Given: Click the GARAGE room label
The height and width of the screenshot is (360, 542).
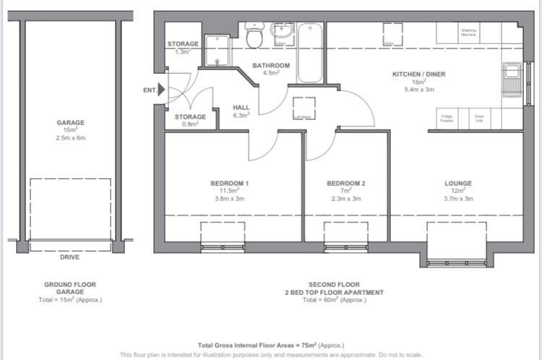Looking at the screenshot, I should click(71, 123).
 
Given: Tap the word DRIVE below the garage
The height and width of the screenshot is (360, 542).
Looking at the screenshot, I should click(70, 257).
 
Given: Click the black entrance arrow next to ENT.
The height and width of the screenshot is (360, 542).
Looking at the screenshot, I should click(161, 90).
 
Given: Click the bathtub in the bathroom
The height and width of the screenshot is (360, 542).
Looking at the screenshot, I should click(311, 54).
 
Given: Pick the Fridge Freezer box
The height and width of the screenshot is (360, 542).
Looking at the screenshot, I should click(447, 119).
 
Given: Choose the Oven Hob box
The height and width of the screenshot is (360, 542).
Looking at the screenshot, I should click(478, 119).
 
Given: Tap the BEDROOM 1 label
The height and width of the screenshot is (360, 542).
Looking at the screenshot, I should click(230, 184).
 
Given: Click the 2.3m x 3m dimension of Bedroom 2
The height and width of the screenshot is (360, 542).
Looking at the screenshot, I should click(345, 199).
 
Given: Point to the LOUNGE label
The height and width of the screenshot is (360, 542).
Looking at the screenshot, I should click(458, 184).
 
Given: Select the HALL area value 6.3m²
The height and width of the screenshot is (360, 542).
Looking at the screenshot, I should click(241, 115).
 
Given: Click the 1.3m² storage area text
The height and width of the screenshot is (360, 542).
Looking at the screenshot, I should click(183, 52).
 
